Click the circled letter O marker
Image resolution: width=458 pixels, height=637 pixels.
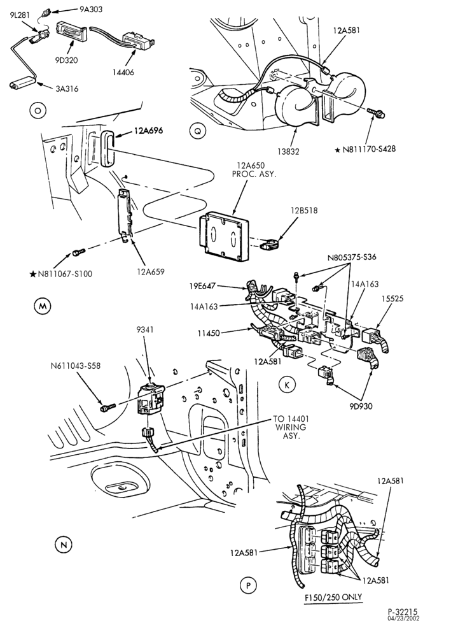click(38, 110)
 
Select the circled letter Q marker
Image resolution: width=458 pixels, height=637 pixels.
click(198, 131)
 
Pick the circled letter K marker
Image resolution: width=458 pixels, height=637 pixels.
click(288, 384)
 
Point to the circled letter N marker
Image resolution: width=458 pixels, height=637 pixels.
click(63, 545)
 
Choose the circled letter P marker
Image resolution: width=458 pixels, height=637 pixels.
click(248, 585)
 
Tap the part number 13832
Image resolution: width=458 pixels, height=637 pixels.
click(288, 152)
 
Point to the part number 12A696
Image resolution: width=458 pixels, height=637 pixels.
click(148, 131)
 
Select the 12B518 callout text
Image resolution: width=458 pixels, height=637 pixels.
click(304, 210)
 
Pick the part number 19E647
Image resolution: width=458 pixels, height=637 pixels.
click(202, 286)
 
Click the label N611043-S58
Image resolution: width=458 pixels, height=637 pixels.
click(76, 366)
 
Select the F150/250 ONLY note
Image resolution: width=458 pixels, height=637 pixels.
click(333, 598)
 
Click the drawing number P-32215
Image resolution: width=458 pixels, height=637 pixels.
click(403, 612)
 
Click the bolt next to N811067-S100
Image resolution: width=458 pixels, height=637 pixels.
click(78, 253)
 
